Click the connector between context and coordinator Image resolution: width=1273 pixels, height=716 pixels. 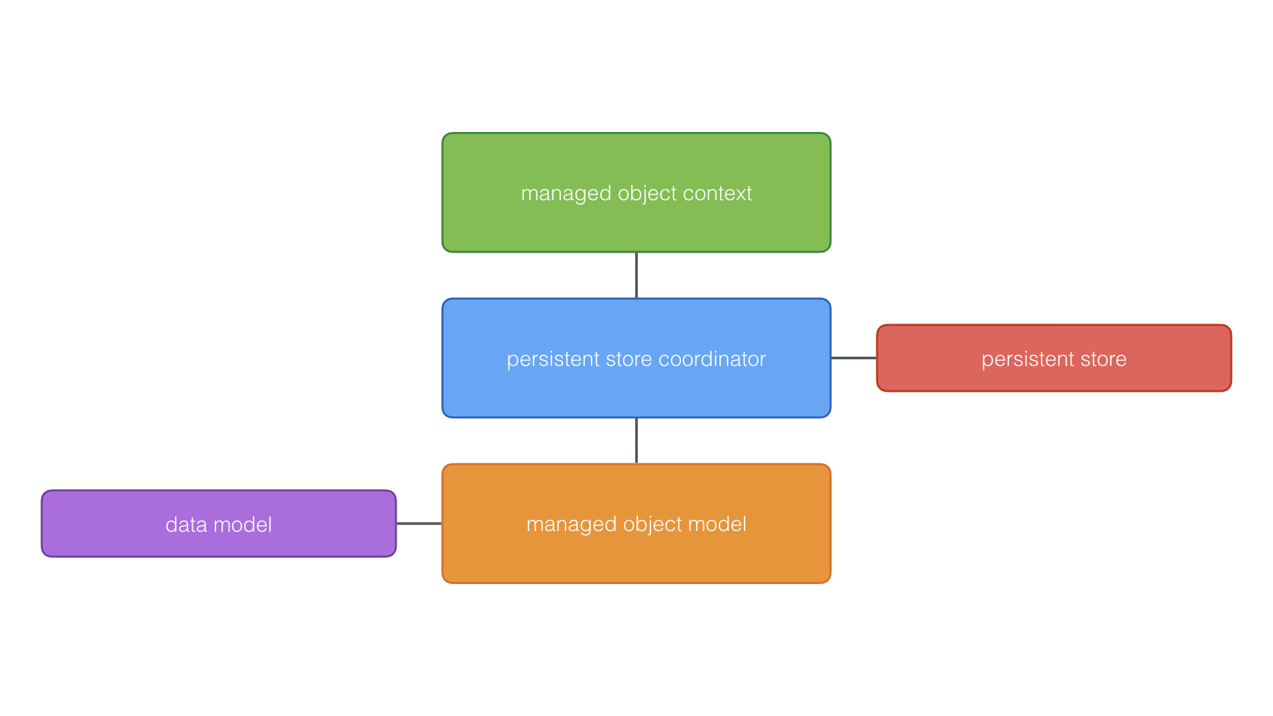pos(636,275)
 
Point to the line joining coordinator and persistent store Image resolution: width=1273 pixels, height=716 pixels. pos(854,358)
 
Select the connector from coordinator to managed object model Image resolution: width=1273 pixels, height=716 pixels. pos(636,441)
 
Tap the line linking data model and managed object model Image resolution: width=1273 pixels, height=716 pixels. pos(419,524)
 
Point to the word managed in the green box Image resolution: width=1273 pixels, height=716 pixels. pos(566,194)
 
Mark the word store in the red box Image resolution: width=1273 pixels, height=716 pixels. pos(1104,359)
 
